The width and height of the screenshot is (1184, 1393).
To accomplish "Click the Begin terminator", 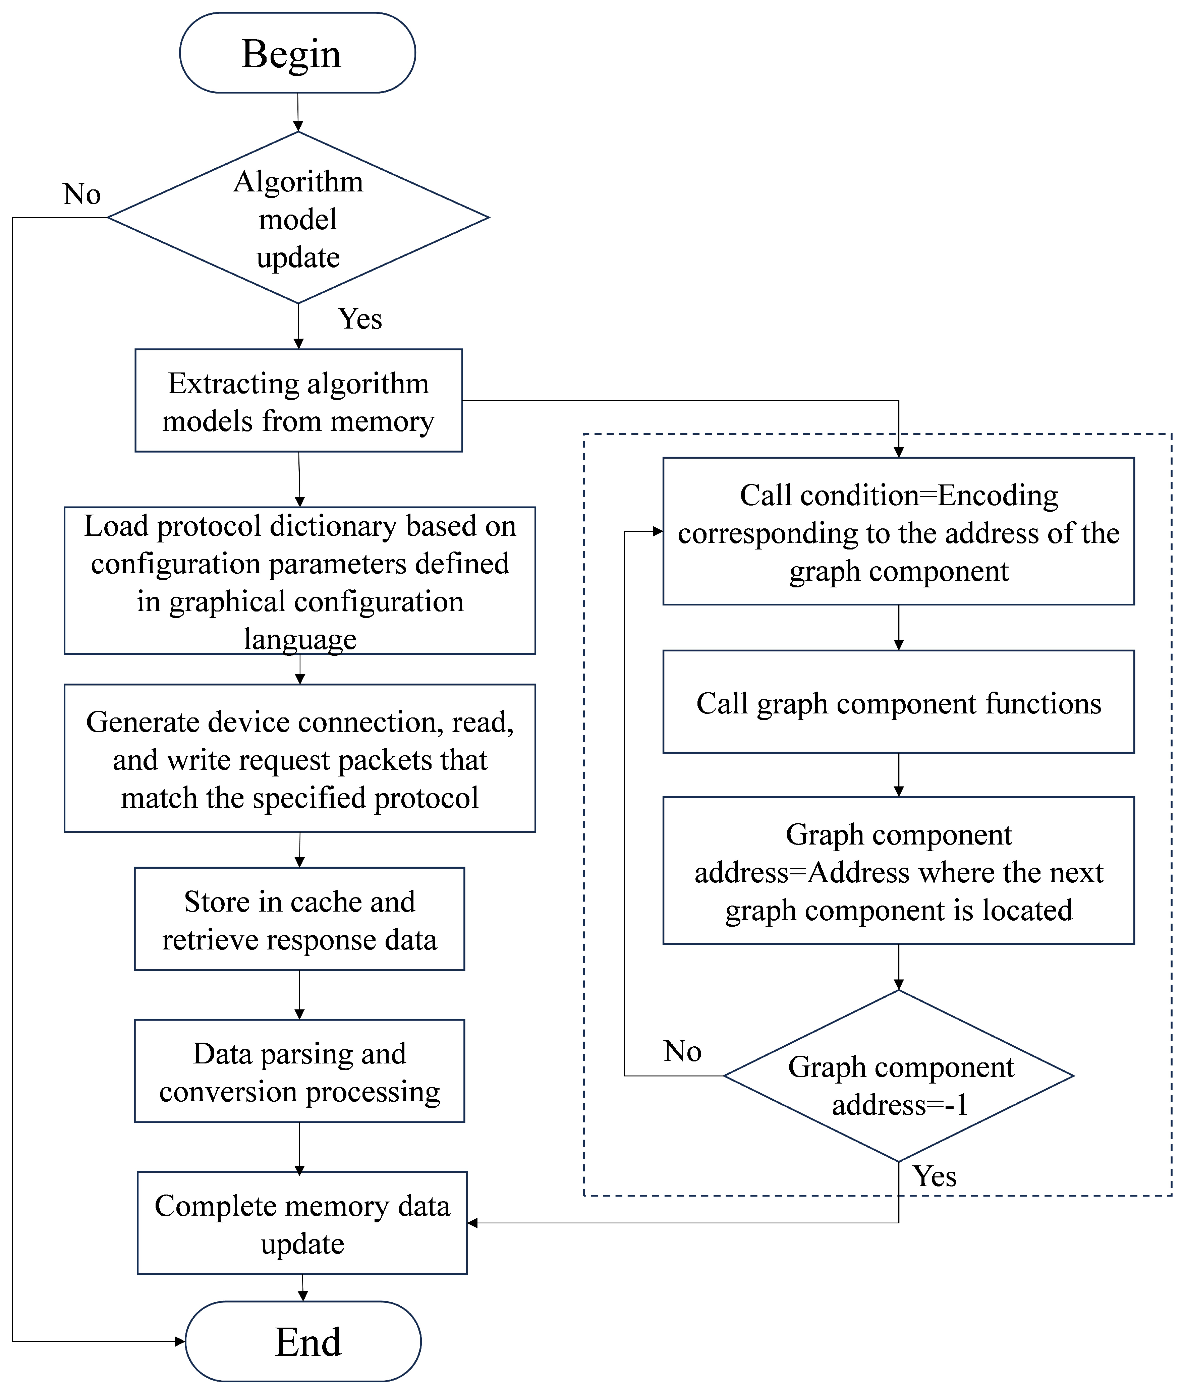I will tap(297, 53).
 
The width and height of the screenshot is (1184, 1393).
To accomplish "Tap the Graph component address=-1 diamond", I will tap(899, 1076).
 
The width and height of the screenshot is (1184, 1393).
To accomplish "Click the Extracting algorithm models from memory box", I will tap(299, 401).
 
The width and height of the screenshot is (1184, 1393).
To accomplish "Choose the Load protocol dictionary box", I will tap(299, 580).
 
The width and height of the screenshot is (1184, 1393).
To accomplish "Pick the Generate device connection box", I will tap(299, 758).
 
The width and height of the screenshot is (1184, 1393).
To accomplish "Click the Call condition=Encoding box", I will tap(899, 531).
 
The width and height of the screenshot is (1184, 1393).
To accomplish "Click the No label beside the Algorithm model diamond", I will tap(82, 194).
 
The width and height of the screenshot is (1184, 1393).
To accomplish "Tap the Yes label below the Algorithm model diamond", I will tap(360, 319).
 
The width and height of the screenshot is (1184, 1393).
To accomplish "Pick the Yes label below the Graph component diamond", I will tap(934, 1176).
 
